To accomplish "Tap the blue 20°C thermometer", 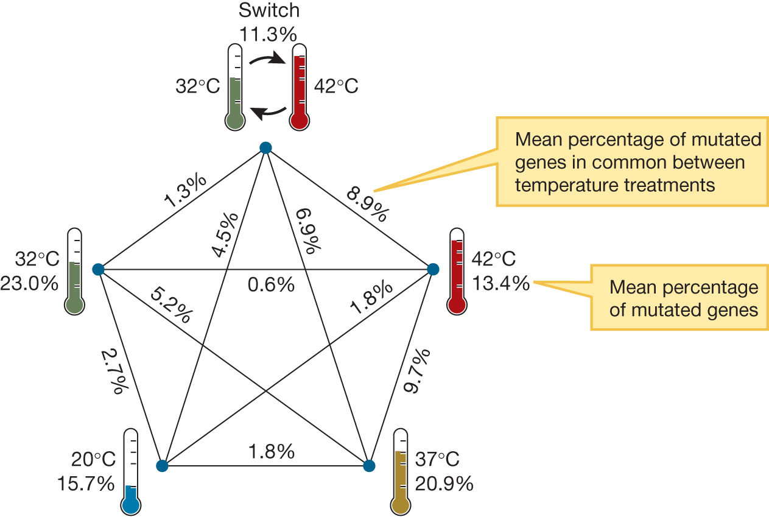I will coord(131,472).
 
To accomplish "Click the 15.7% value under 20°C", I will coord(86,484).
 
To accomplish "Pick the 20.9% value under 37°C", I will coord(444,484).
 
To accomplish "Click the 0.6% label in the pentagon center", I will coord(271,284).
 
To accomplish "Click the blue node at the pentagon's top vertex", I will coord(265,147).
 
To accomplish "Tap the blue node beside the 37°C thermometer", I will coord(368,466).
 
